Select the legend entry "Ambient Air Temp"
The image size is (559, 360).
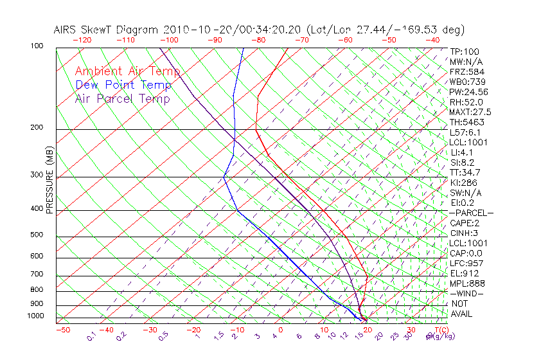(x=127, y=71)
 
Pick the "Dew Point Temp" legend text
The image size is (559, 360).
(x=123, y=85)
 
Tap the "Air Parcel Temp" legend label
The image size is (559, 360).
(x=122, y=98)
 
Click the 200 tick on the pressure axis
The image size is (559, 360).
(x=36, y=128)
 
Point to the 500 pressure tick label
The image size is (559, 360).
(x=36, y=235)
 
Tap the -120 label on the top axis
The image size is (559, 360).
(x=82, y=40)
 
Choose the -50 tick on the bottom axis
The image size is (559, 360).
(x=62, y=330)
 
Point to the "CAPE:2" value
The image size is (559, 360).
(x=464, y=223)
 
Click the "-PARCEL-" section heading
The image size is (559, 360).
(x=471, y=213)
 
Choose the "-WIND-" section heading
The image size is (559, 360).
(x=466, y=294)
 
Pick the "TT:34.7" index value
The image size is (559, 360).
(x=465, y=172)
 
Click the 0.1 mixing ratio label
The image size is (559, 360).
(x=92, y=337)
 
